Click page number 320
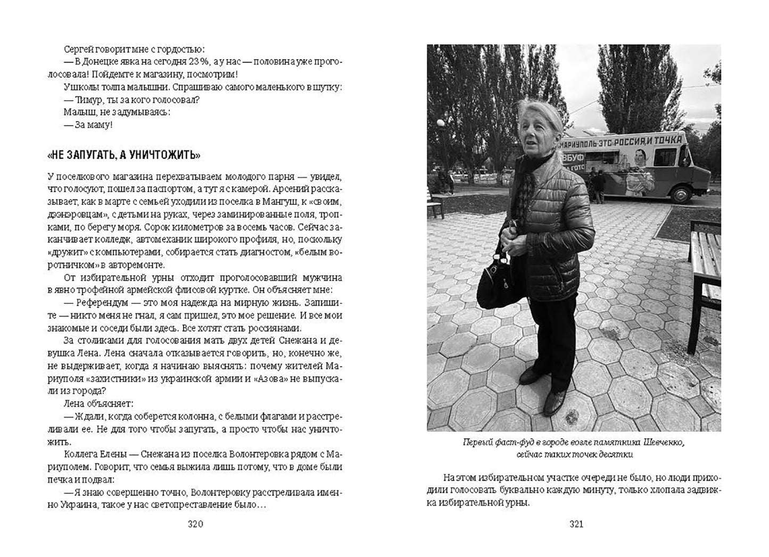point(195,524)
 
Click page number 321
point(577,524)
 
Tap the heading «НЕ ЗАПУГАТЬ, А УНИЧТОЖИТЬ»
point(123,155)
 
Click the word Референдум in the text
point(98,303)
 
